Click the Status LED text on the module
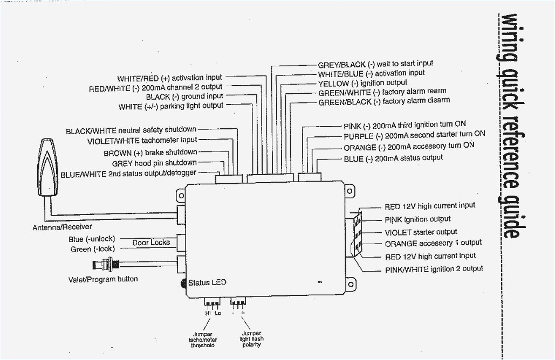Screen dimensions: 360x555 point(207,283)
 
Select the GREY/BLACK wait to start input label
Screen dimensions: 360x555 point(375,64)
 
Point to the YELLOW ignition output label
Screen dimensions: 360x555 point(362,83)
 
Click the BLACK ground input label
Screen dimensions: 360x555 point(184,96)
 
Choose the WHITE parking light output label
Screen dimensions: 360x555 point(170,106)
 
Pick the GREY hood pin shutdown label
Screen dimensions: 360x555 point(154,163)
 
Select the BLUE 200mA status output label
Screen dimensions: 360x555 point(393,158)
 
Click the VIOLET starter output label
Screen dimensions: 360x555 point(421,232)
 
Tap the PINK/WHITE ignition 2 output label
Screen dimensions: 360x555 point(434,269)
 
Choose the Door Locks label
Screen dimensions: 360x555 point(151,243)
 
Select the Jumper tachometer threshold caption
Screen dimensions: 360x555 point(202,340)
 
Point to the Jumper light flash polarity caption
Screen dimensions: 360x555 point(252,339)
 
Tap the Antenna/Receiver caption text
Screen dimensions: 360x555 point(62,227)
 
